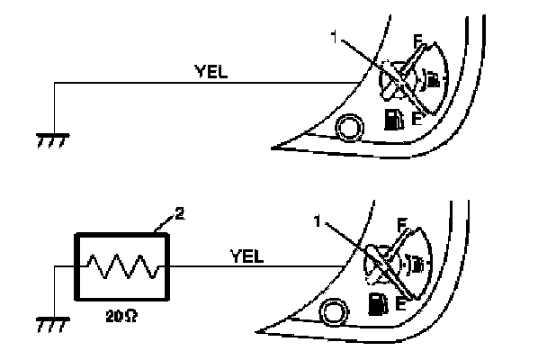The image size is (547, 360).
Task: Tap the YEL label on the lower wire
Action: click(247, 256)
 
